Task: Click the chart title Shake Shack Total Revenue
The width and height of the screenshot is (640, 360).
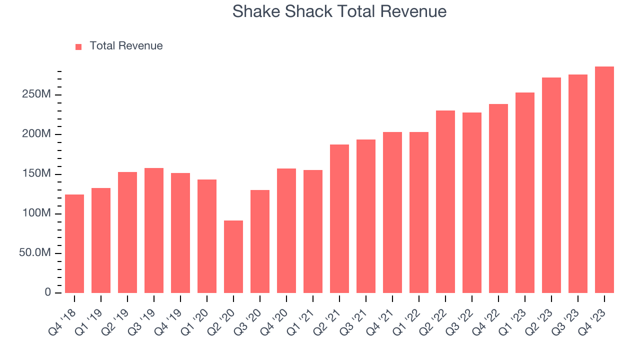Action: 339,11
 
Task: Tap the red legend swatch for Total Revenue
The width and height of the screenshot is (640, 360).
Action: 78,46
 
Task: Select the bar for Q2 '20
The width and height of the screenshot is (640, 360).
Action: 233,256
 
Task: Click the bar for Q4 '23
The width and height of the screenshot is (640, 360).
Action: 604,180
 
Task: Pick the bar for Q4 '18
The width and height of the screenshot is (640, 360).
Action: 74,243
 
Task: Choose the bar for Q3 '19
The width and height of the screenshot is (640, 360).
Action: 154,230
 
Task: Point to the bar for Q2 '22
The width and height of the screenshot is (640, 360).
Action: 445,201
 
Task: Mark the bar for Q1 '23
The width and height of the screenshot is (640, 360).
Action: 524,192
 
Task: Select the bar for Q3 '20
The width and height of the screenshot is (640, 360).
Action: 260,241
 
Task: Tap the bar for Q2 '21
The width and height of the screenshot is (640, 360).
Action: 339,218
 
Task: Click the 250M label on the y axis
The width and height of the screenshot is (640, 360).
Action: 36,94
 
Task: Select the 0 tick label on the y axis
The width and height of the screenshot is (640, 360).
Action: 48,292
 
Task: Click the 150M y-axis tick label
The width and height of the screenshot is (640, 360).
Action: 36,174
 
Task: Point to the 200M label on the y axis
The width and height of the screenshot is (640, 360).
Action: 36,134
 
